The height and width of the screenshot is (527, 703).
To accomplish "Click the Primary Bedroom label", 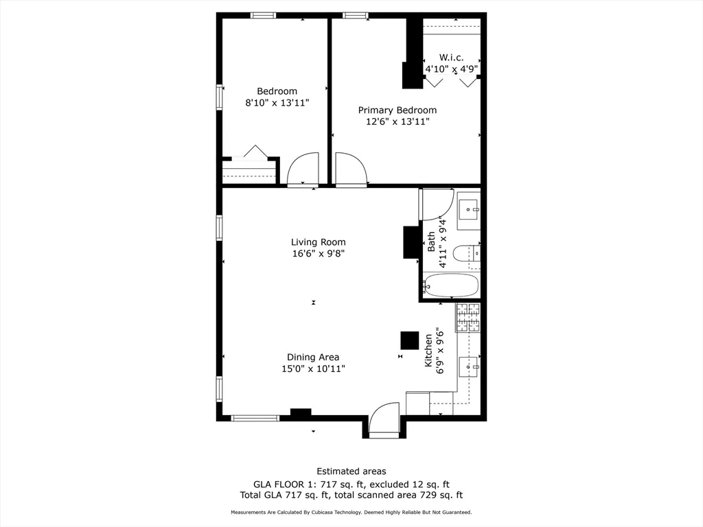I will tap(397, 110).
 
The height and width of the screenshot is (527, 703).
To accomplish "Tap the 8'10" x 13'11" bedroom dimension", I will tap(277, 103).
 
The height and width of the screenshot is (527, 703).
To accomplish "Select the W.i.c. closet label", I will tap(451, 57).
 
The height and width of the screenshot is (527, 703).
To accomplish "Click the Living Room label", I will tap(318, 242).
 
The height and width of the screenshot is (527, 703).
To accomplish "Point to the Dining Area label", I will tap(313, 357).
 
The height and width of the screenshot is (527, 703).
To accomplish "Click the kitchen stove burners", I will tap(468, 318).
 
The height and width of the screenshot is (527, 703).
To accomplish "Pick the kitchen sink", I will tap(469, 367).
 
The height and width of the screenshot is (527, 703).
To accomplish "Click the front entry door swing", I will tap(384, 419).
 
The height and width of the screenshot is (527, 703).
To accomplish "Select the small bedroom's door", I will tap(303, 169).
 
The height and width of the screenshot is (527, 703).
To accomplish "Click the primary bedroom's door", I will tap(351, 169).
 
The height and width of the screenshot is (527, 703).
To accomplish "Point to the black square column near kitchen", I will tap(410, 340).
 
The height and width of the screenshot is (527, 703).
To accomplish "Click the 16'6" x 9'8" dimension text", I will tap(318, 254).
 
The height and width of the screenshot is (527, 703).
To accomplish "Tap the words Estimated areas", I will tap(351, 471).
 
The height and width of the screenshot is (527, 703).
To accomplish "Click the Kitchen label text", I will tap(428, 353).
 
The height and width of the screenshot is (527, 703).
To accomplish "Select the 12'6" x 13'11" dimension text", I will tap(397, 122).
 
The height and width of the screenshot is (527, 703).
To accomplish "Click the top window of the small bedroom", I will tap(263, 15).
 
